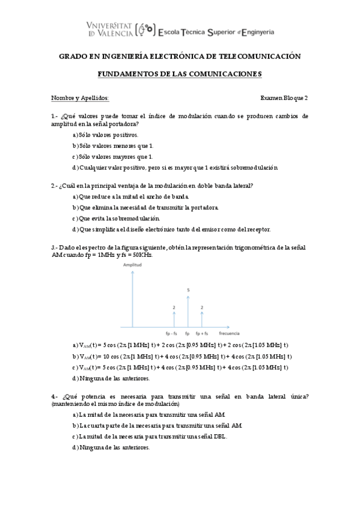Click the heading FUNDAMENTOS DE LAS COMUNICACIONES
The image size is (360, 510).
180,75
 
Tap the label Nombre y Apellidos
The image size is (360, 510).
80,99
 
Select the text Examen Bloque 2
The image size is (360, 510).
284,99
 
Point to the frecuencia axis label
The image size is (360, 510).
230,333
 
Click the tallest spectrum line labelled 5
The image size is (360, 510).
188,312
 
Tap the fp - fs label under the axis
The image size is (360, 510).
171,333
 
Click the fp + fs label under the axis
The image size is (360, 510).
202,333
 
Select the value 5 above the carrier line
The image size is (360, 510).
188,290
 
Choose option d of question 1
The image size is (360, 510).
175,167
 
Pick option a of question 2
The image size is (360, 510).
130,196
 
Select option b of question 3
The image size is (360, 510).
180,356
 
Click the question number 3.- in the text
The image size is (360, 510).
55,247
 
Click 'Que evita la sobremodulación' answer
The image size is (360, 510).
119,218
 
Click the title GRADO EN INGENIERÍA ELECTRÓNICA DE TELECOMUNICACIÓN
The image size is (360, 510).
179,56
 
